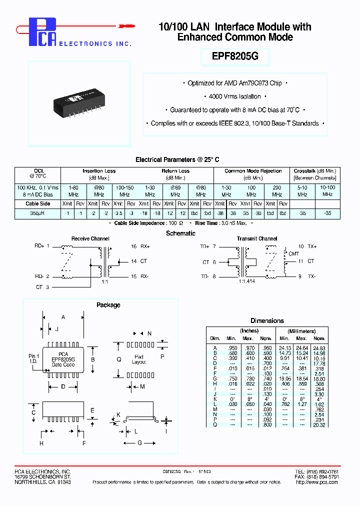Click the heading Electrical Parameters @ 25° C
tap(177, 159)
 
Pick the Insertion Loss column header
tap(99, 171)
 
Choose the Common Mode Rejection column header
tap(253, 171)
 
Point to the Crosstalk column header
tap(314, 171)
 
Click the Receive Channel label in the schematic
tap(90, 239)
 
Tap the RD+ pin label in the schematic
tap(39, 246)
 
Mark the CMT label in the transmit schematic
tap(294, 253)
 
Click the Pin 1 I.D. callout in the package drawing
tap(34, 358)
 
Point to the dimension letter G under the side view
tap(139, 443)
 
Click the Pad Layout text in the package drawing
tap(138, 360)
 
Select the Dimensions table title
tap(267, 321)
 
